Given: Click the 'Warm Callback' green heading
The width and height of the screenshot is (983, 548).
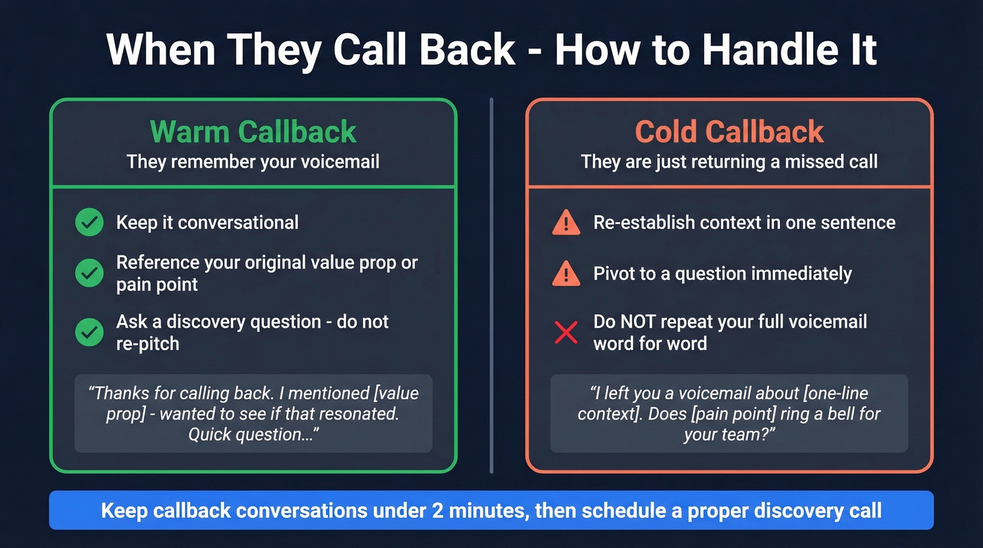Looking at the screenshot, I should tap(253, 132).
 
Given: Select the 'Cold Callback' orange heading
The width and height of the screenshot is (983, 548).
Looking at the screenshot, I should tap(729, 132).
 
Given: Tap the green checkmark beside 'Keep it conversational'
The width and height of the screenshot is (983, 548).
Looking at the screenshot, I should tap(89, 223).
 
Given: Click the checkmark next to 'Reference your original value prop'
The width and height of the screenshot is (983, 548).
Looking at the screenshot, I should tap(89, 273).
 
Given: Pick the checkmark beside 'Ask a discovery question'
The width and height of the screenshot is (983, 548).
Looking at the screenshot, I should tap(89, 333).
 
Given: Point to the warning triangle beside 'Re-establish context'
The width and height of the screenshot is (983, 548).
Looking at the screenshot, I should tap(566, 223).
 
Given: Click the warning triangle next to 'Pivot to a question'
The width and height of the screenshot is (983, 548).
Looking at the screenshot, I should tap(566, 274).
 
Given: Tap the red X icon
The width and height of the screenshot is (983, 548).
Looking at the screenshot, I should tap(566, 333).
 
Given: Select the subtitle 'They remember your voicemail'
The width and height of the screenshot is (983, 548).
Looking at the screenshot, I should tap(253, 162).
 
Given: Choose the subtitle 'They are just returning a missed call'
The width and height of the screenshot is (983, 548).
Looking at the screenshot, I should tap(729, 162).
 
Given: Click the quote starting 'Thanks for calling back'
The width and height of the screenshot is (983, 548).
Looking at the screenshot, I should tap(253, 413).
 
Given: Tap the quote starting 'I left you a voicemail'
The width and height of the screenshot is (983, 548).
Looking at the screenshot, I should tap(729, 413).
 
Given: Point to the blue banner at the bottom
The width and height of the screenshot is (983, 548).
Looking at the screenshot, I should tap(491, 510).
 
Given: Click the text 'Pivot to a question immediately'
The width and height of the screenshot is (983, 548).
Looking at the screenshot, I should tap(723, 274).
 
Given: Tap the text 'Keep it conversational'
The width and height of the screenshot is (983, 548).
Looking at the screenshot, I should tap(207, 223).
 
